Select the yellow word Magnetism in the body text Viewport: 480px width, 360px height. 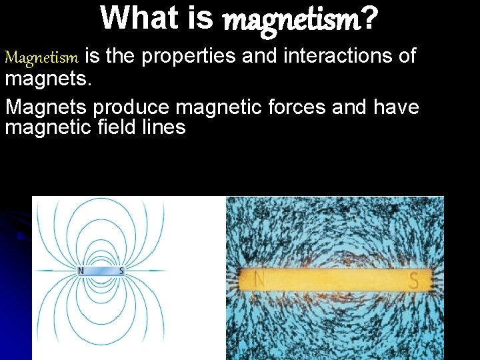point(43,57)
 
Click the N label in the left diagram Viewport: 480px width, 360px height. point(81,271)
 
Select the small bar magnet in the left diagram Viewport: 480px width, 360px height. point(101,271)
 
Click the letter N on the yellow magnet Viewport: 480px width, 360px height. point(259,281)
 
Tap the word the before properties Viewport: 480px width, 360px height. point(121,57)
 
